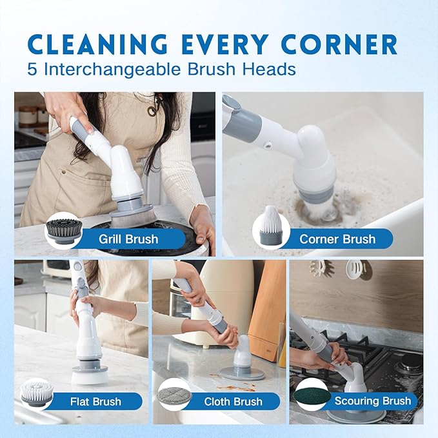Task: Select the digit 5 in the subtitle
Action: [33, 69]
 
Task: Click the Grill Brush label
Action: [128, 239]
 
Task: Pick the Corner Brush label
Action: [337, 239]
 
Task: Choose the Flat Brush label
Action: [95, 401]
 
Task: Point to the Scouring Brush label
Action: [372, 401]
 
